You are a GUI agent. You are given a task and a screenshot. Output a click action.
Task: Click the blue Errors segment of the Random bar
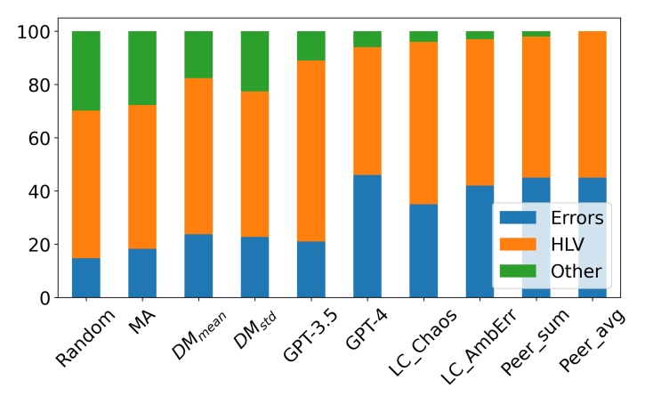point(85,278)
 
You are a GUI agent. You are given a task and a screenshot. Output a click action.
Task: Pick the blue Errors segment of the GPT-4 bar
point(367,236)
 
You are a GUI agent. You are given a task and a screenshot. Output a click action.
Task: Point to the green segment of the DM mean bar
point(198,54)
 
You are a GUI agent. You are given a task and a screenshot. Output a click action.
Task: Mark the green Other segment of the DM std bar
point(254,61)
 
